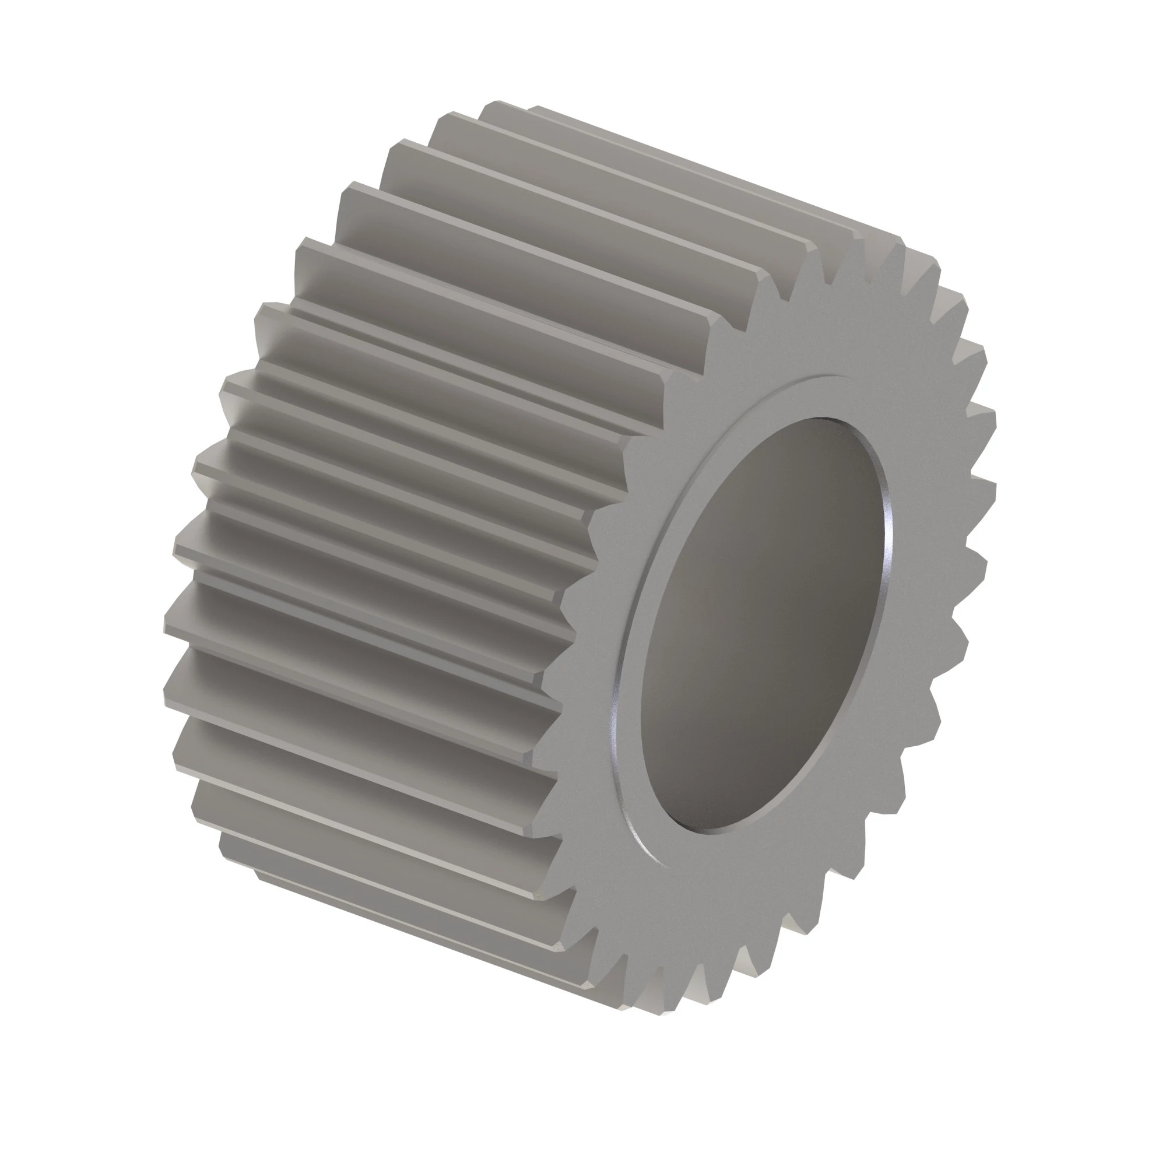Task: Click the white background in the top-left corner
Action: coord(61,61)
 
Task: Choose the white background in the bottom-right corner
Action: coord(1104,1104)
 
